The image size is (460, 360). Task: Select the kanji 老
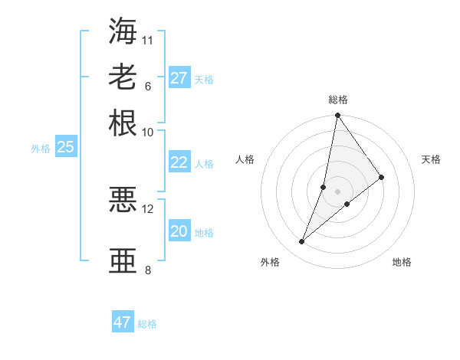[x=123, y=77]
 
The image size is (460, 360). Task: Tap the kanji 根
[x=123, y=123]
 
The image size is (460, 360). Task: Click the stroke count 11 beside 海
[x=148, y=39]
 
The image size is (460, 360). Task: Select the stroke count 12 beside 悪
[x=148, y=208]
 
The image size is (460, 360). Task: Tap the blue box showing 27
[x=179, y=78]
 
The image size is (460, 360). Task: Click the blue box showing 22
[x=179, y=162]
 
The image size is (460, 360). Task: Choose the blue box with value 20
[x=179, y=231]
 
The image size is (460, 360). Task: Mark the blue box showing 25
[x=65, y=147]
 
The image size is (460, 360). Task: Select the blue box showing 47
[x=123, y=322]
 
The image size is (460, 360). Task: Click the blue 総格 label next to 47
[x=147, y=324]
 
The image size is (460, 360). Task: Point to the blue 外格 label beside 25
[x=41, y=149]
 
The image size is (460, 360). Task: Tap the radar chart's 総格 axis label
[x=338, y=100]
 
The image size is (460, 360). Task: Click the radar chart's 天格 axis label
[x=432, y=159]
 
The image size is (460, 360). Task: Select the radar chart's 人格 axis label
[x=245, y=159]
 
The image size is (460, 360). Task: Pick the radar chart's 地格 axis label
[x=402, y=262]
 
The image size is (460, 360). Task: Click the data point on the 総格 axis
[x=337, y=116]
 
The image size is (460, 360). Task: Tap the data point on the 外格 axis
[x=302, y=242]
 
